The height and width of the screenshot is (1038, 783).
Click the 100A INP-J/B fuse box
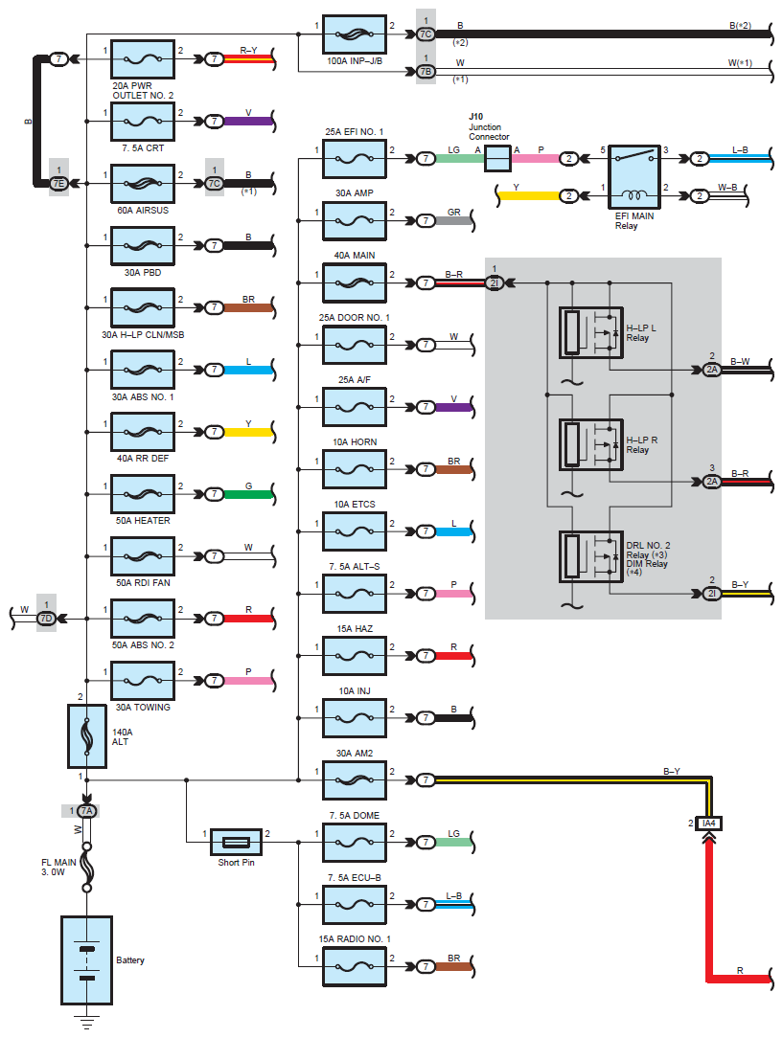click(355, 34)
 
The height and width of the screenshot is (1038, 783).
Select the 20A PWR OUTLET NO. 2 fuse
click(143, 59)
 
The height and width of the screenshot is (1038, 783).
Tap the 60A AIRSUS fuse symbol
click(143, 183)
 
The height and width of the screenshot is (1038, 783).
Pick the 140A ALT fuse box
click(87, 736)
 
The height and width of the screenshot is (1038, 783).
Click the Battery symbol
click(87, 959)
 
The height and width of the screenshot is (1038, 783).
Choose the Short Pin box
click(236, 842)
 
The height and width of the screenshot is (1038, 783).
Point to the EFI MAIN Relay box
click(634, 177)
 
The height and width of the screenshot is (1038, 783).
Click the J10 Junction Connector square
click(497, 159)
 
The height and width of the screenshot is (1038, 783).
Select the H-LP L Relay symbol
click(591, 333)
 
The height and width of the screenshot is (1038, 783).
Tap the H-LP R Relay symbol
click(591, 445)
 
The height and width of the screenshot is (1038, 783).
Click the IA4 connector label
click(709, 823)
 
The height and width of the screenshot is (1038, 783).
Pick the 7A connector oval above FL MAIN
click(87, 811)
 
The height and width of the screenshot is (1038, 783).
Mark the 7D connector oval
click(46, 619)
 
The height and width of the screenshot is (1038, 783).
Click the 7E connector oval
click(58, 183)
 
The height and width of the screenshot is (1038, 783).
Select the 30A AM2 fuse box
click(355, 780)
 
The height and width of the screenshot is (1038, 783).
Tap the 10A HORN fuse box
click(355, 469)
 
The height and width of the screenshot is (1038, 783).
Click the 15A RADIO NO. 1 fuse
click(355, 966)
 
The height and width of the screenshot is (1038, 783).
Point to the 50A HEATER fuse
click(143, 494)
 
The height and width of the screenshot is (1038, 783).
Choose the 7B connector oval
click(426, 72)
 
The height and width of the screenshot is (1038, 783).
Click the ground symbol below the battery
click(87, 1022)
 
